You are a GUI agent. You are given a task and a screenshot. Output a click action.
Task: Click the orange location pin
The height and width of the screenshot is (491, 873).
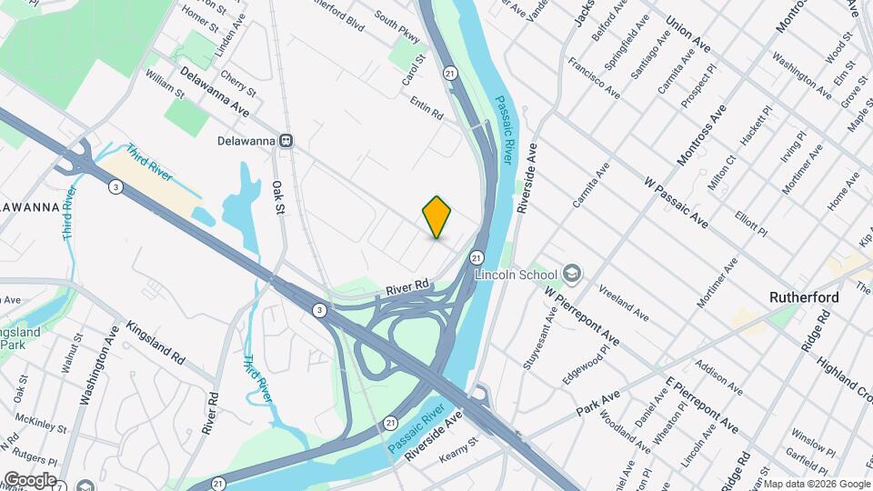pyautogui.click(x=437, y=216)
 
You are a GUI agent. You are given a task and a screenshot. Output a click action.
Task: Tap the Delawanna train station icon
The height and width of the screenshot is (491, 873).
pyautogui.click(x=286, y=141)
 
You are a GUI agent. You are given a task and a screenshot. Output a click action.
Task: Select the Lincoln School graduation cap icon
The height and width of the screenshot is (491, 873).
pyautogui.click(x=572, y=274)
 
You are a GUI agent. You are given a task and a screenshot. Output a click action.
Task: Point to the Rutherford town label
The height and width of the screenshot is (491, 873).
pyautogui.click(x=804, y=297)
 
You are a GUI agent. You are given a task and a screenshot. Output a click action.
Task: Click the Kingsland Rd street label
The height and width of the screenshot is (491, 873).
pyautogui.click(x=156, y=343)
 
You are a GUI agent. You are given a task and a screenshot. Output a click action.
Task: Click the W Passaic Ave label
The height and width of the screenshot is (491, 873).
pyautogui.click(x=676, y=203)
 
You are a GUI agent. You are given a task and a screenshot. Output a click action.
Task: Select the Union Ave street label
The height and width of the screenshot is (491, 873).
pyautogui.click(x=687, y=35)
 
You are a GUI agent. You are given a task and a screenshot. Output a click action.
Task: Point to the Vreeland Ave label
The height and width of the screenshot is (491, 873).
pyautogui.click(x=623, y=303)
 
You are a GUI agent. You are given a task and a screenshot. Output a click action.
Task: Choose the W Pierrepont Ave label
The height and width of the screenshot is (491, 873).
pyautogui.click(x=582, y=316)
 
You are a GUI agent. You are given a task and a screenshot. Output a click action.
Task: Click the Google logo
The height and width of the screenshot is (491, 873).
pyautogui.click(x=29, y=479)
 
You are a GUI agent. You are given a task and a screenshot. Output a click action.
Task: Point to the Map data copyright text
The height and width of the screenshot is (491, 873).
pyautogui.click(x=818, y=485)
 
